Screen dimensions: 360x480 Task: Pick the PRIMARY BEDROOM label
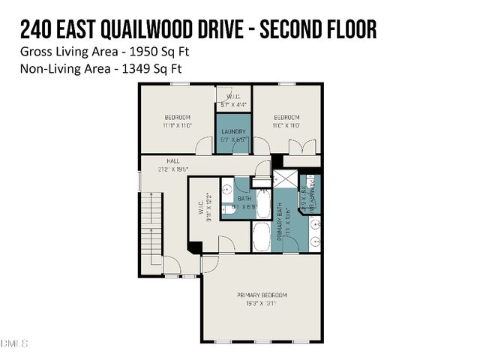pyautogui.click(x=262, y=295)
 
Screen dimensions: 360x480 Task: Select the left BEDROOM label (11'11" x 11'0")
pyautogui.click(x=178, y=117)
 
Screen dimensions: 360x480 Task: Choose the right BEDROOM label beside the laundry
pyautogui.click(x=286, y=117)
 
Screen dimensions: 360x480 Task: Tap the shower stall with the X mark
pyautogui.click(x=284, y=180)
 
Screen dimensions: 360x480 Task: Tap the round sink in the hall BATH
pyautogui.click(x=227, y=190)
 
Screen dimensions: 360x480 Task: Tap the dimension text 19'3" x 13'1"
pyautogui.click(x=262, y=304)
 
